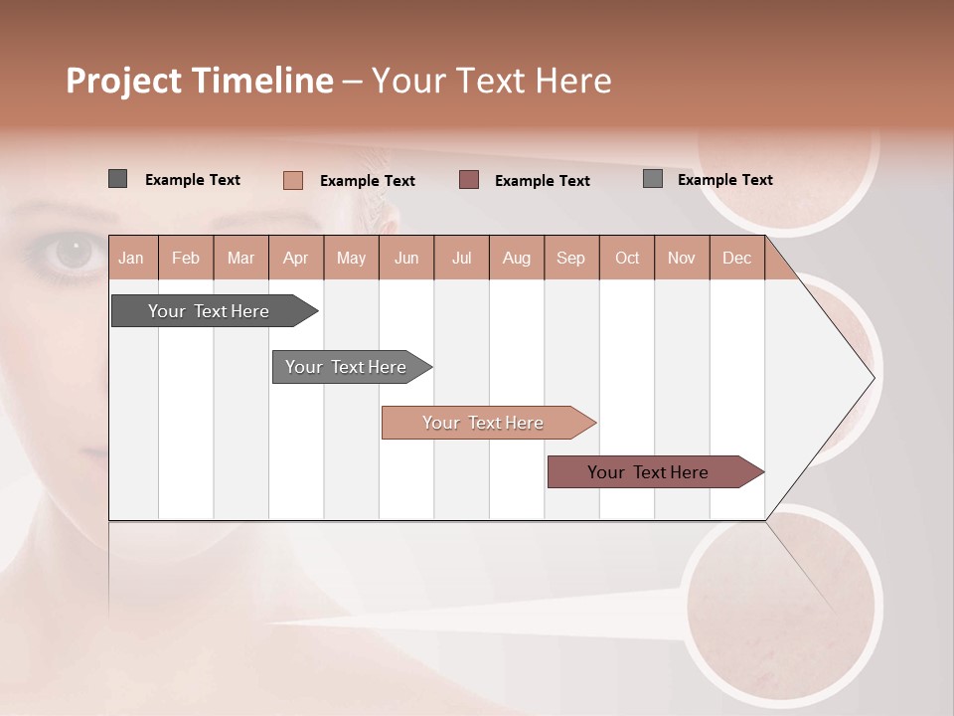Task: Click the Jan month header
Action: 131,258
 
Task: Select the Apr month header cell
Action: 295,258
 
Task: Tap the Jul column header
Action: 461,258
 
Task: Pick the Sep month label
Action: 570,258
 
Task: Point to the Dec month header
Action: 736,258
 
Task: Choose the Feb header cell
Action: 186,258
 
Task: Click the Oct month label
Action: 627,258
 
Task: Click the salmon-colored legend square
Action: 293,180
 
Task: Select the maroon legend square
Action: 469,180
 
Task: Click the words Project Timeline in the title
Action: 200,81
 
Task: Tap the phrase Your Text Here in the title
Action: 492,81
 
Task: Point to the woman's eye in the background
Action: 73,253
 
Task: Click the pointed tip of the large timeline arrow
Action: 873,377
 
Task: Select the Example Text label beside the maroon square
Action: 543,181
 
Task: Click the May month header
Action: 351,258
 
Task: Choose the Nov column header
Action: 682,258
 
